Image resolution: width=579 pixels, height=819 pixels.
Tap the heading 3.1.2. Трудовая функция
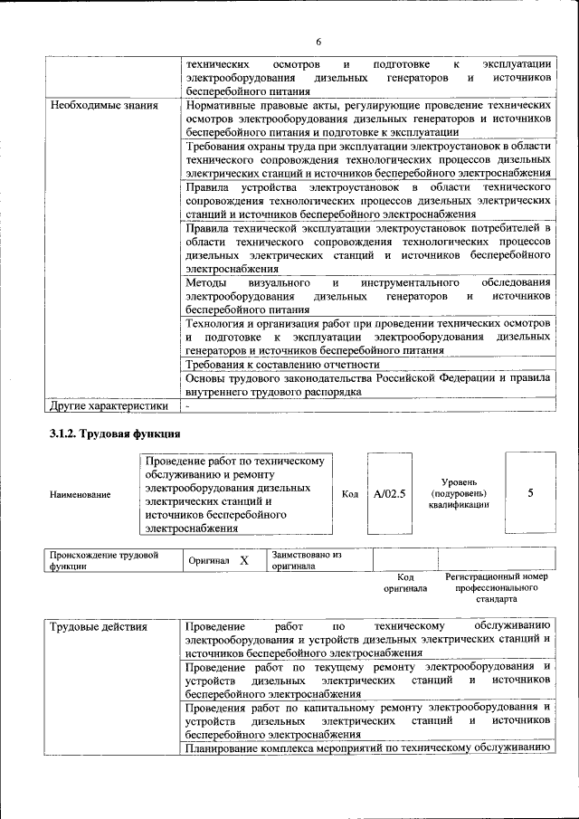[x=115, y=434]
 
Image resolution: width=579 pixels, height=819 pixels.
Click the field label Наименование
[x=81, y=495]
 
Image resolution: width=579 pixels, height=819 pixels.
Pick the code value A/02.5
[x=390, y=494]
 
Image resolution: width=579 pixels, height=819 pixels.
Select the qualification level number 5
[x=530, y=493]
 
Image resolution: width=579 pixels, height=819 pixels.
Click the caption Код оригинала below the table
[x=405, y=582]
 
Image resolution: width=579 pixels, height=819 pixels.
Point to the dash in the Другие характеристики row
[x=186, y=407]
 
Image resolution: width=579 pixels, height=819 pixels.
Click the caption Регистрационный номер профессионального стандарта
[x=497, y=587]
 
